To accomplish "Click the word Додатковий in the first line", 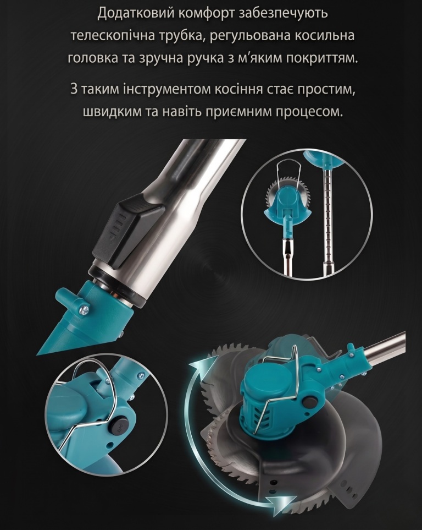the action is (x=135, y=14).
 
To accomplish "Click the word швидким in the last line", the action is (x=112, y=112).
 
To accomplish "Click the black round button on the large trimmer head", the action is (x=308, y=402).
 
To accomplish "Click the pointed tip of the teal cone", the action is (x=38, y=354).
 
